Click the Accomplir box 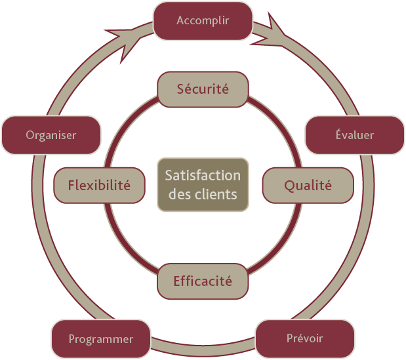point(203,21)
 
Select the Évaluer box point(355,135)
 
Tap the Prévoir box point(305,339)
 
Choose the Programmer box point(101,339)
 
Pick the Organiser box point(51,135)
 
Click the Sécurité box point(203,90)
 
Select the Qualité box point(308,186)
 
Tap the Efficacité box point(203,281)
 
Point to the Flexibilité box point(100,186)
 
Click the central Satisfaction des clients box point(203,185)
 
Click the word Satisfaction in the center point(203,176)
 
